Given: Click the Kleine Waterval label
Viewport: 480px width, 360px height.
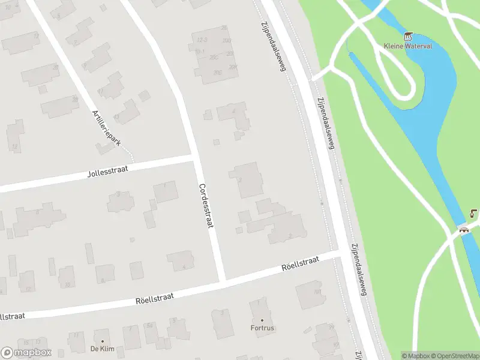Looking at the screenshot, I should pyautogui.click(x=408, y=46).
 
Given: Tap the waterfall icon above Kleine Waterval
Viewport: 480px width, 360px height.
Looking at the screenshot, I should pyautogui.click(x=409, y=35).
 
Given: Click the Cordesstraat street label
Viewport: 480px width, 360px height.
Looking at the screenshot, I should pyautogui.click(x=206, y=205).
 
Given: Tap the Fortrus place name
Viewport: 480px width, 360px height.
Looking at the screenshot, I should pyautogui.click(x=262, y=328).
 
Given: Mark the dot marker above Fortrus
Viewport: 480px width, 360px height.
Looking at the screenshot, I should pyautogui.click(x=262, y=320).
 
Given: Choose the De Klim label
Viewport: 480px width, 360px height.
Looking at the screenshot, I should pyautogui.click(x=102, y=349).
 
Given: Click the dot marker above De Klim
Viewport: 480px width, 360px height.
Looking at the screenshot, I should pyautogui.click(x=102, y=340).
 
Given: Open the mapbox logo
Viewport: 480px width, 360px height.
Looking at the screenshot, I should pyautogui.click(x=26, y=353).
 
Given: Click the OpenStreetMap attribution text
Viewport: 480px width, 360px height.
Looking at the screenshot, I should pyautogui.click(x=454, y=356).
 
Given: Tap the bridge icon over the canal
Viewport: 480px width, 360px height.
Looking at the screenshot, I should pyautogui.click(x=463, y=229).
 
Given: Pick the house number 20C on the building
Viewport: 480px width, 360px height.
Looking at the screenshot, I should pyautogui.click(x=214, y=57).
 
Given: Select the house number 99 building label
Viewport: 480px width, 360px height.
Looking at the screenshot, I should pyautogui.click(x=329, y=327).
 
